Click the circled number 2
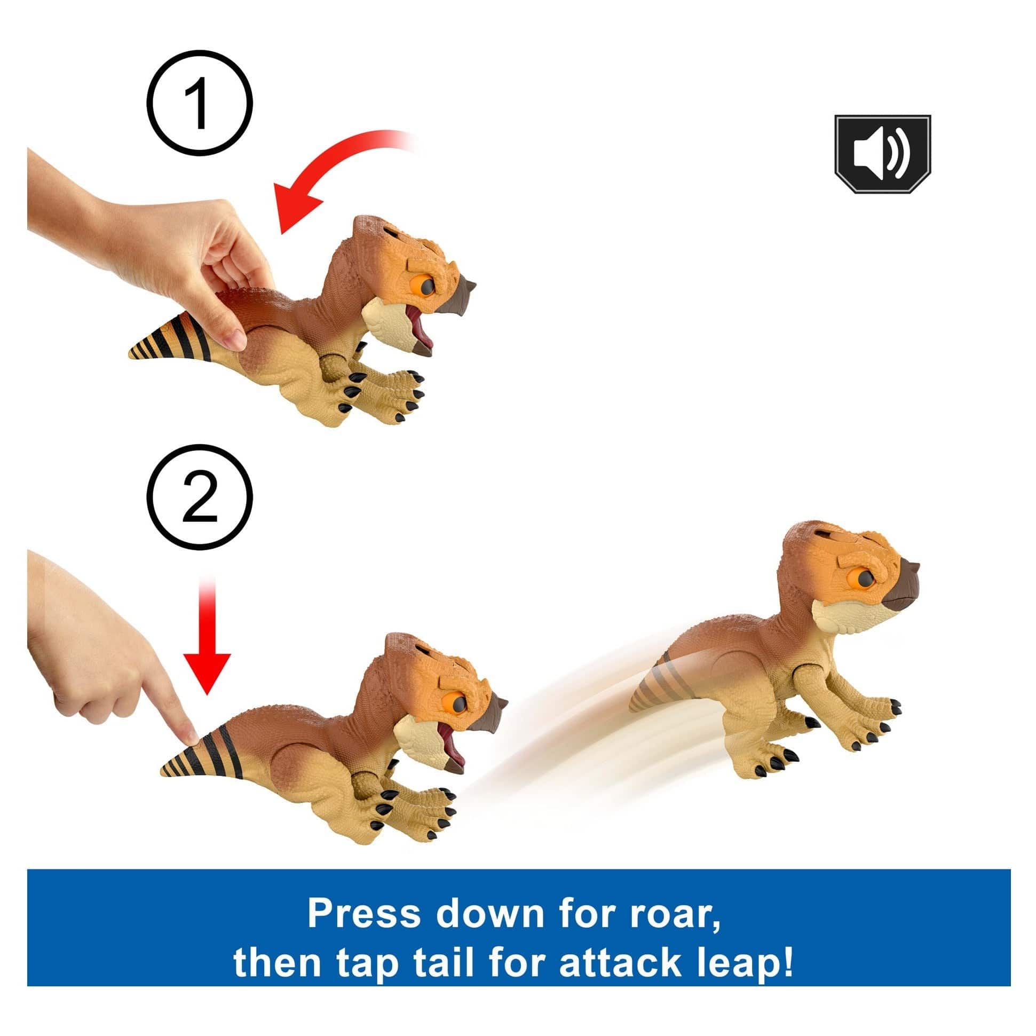(199, 497)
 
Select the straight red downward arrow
(207, 638)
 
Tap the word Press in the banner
(364, 913)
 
